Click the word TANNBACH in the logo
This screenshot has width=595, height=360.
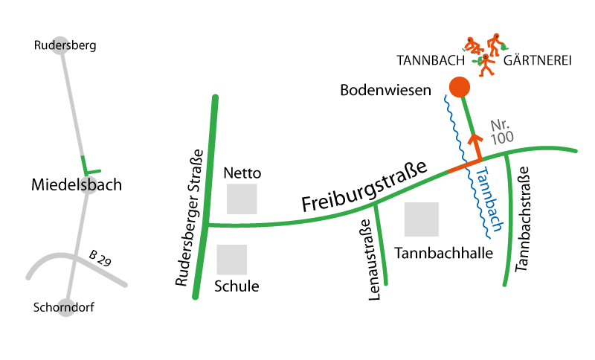(x=431, y=61)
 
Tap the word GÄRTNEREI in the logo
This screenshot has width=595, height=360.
(x=537, y=61)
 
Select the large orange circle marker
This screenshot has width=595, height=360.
(x=460, y=87)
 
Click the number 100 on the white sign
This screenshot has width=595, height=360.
(x=503, y=138)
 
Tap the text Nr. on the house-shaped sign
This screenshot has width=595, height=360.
(x=500, y=124)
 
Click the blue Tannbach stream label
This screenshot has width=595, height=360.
(x=489, y=199)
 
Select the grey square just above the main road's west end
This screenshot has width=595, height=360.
(x=242, y=199)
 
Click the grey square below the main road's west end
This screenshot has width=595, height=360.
(x=231, y=260)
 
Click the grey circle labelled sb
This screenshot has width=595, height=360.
(x=88, y=185)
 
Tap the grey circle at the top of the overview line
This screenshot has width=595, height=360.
(x=60, y=45)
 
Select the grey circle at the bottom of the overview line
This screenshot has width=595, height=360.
(x=66, y=307)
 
